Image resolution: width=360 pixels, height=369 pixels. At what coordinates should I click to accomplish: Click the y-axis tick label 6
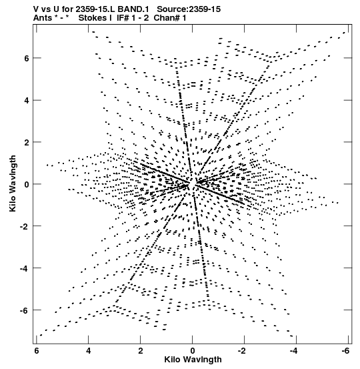[27, 58]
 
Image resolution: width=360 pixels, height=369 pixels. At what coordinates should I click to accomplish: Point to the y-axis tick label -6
[24, 310]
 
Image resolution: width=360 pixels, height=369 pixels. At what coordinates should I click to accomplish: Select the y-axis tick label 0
[27, 184]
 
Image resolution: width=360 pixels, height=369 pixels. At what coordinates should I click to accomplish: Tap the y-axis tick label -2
[24, 226]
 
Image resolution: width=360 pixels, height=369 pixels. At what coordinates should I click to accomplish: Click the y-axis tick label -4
[24, 268]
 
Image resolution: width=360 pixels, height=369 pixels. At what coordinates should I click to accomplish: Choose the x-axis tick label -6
[345, 351]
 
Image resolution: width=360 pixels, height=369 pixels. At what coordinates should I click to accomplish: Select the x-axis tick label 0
[193, 351]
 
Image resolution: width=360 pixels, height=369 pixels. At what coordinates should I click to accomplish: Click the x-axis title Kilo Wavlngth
[193, 360]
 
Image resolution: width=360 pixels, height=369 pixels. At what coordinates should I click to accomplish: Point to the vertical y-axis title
[13, 183]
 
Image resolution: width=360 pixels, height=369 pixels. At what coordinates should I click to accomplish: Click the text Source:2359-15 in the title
[189, 9]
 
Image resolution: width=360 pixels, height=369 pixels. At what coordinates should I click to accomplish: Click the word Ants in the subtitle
[42, 18]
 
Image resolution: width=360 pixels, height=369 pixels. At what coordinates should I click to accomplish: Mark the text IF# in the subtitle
[123, 18]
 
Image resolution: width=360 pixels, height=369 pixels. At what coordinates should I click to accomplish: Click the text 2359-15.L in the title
[95, 9]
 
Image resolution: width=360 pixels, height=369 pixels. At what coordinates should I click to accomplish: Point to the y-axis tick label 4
[27, 101]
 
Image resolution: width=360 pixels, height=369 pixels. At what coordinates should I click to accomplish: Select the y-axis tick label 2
[27, 142]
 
